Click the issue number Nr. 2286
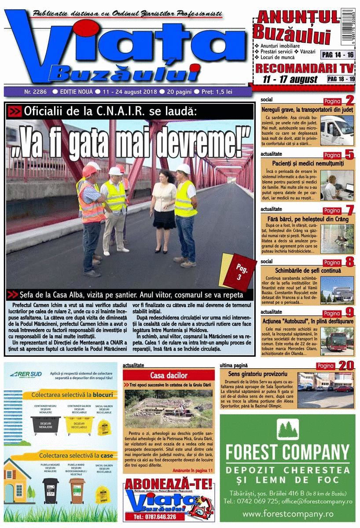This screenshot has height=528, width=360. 36,92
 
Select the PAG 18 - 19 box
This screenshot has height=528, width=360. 341,79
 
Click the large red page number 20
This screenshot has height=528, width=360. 346,365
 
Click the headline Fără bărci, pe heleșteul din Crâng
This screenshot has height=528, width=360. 308,219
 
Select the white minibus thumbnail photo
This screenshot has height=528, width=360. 337,131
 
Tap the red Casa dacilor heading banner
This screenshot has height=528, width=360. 169,375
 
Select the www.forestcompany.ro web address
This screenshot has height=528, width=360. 287,513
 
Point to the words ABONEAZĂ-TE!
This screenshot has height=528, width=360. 169,484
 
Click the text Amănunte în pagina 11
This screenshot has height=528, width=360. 192,470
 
